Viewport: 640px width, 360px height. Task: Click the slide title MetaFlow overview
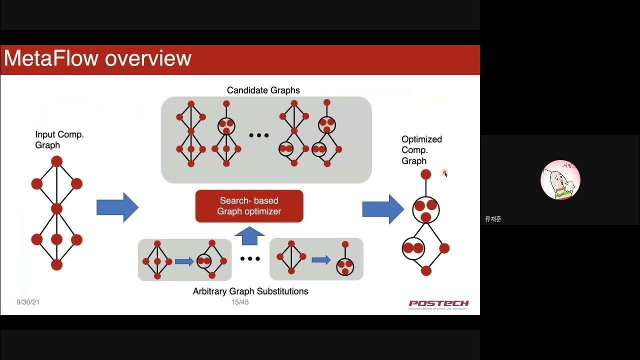[x=97, y=58]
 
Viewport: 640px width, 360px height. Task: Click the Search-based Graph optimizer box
[x=249, y=206]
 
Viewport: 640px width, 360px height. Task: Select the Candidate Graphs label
[x=263, y=90]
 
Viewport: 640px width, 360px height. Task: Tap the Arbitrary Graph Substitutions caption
[x=250, y=291]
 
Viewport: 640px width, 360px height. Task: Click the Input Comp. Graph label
[x=59, y=140]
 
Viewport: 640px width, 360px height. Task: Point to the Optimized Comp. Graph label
[x=421, y=150]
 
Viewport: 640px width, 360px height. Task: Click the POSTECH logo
[x=438, y=304]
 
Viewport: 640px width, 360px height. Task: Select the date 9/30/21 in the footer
[x=28, y=302]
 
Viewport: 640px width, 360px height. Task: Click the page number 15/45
[x=239, y=302]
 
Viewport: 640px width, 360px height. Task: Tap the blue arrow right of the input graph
[x=117, y=207]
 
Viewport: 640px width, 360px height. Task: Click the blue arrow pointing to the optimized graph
[x=382, y=209]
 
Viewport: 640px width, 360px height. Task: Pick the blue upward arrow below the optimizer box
[x=249, y=236]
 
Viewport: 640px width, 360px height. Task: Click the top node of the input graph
[x=56, y=161]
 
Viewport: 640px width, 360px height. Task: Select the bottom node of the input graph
[x=56, y=264]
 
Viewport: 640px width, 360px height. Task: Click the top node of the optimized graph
[x=425, y=174]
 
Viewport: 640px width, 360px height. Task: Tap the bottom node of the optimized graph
[x=425, y=270]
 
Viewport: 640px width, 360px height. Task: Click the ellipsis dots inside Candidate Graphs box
[x=259, y=135]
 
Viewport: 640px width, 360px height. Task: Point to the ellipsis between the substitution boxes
[x=250, y=259]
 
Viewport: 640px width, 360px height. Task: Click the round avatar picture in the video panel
[x=560, y=180]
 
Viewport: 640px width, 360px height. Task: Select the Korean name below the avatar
[x=493, y=219]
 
